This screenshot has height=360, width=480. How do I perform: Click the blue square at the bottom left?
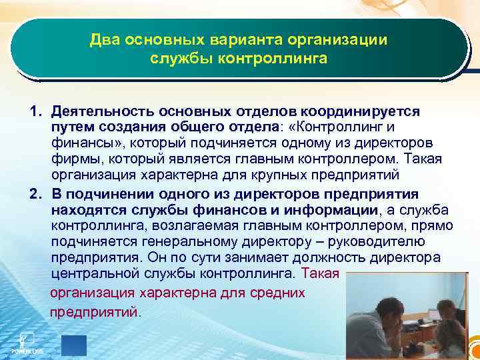(74, 345)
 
